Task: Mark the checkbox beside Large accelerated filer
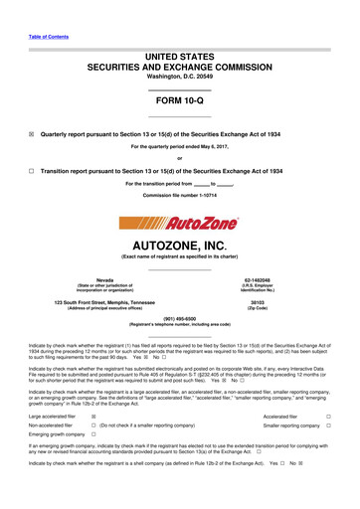pyautogui.click(x=93, y=418)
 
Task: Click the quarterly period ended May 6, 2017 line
pyautogui.click(x=180, y=147)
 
